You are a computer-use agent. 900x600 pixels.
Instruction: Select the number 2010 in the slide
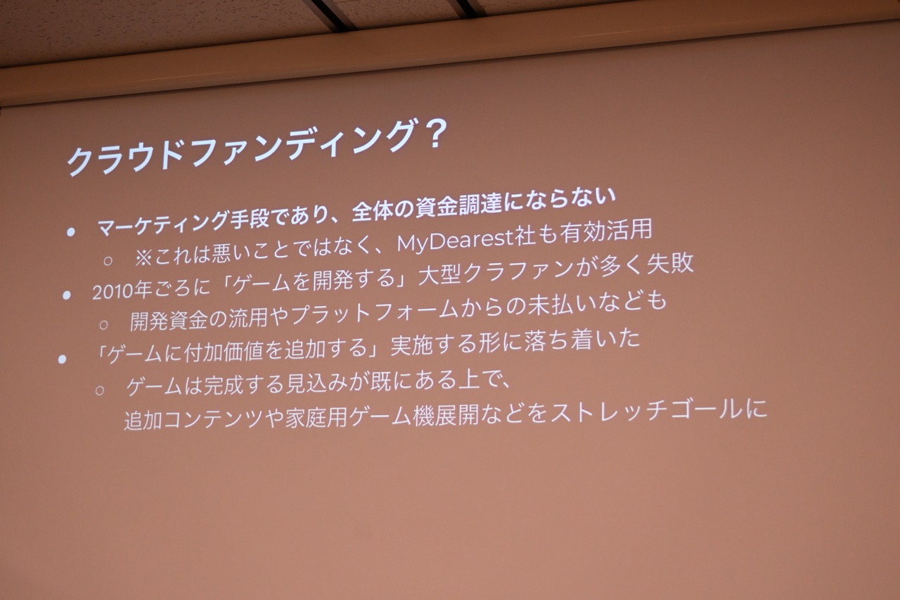(113, 291)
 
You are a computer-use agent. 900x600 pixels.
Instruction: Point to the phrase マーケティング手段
(183, 223)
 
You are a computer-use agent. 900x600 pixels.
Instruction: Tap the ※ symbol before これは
(143, 258)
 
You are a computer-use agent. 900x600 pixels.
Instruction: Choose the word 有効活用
(606, 233)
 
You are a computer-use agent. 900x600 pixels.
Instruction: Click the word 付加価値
(223, 352)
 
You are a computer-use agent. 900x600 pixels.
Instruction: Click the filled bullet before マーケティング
(71, 232)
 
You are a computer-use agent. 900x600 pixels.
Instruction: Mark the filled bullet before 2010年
(67, 295)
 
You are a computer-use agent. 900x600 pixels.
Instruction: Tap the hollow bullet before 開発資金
(103, 325)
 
